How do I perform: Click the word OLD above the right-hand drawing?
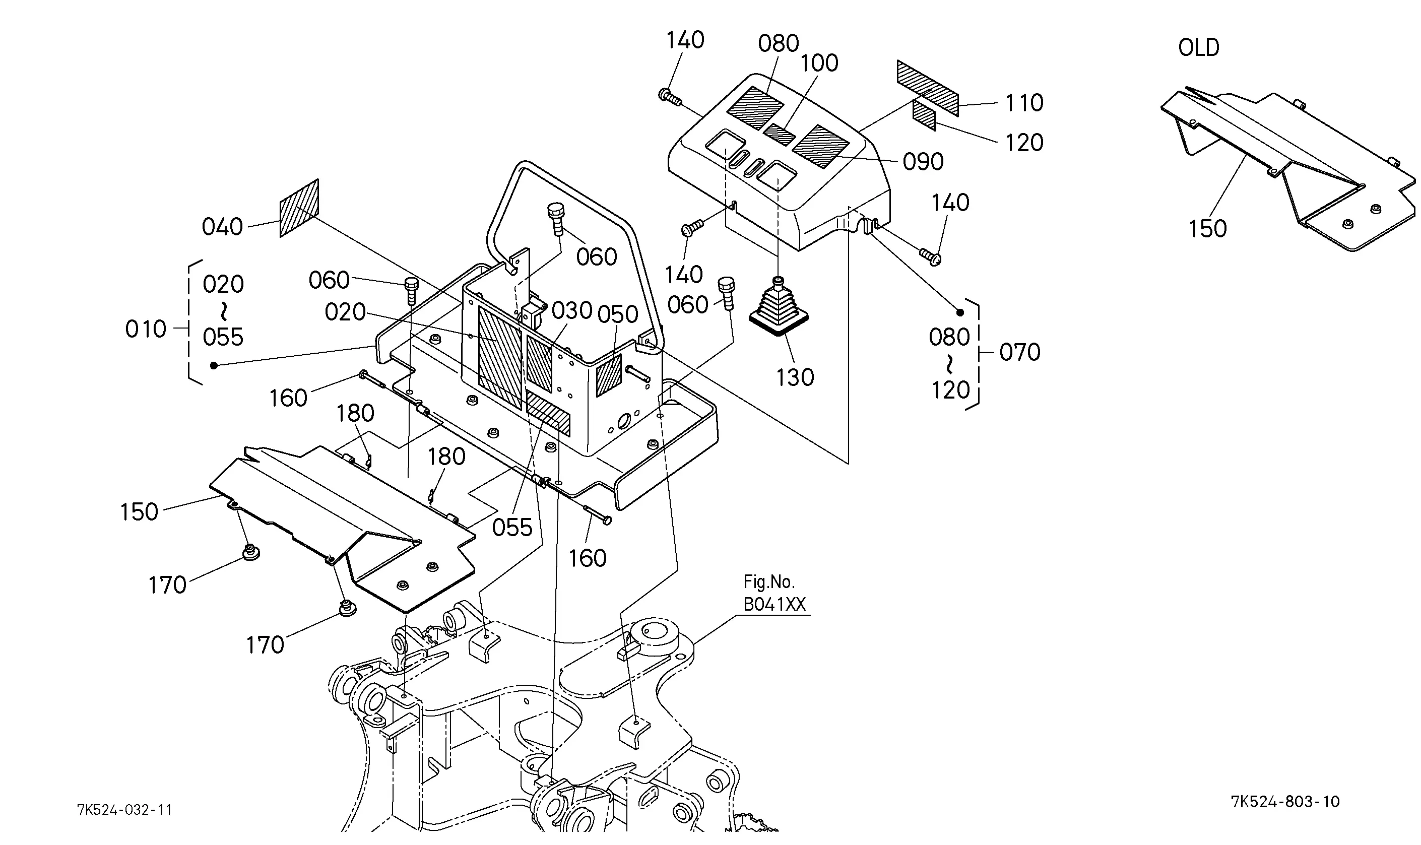(x=1198, y=47)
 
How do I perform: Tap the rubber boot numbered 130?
(x=778, y=307)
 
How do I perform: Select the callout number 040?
(x=223, y=227)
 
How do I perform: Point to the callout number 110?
(x=1023, y=103)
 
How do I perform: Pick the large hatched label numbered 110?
(x=927, y=88)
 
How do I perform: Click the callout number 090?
(x=923, y=162)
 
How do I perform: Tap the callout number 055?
(x=512, y=527)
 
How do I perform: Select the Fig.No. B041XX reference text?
(x=774, y=593)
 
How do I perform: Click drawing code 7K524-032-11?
(x=124, y=810)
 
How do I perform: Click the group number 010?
(x=146, y=329)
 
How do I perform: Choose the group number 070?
(x=1019, y=353)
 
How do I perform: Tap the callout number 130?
(x=795, y=377)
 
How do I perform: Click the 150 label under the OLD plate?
(x=1207, y=229)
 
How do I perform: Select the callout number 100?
(x=819, y=63)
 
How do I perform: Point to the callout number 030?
(x=572, y=311)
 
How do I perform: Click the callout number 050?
(x=618, y=314)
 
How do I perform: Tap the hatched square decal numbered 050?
(x=609, y=375)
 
